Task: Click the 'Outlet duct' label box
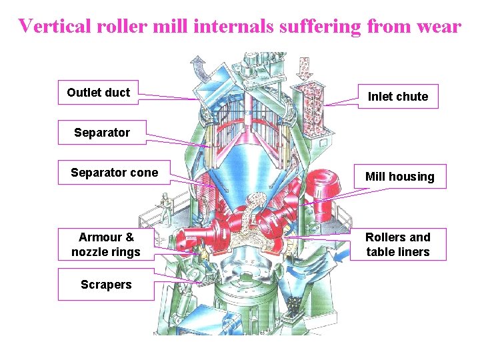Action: pos(99,93)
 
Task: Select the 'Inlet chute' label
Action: pos(398,97)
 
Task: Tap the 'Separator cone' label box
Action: pos(114,173)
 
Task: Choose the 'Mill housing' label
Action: pos(399,177)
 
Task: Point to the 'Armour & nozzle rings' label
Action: pos(106,245)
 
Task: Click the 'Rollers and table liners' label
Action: pos(398,245)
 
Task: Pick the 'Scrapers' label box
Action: pos(106,285)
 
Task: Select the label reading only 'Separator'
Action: pos(102,133)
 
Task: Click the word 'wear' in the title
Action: pos(437,26)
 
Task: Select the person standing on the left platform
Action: pos(161,206)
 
